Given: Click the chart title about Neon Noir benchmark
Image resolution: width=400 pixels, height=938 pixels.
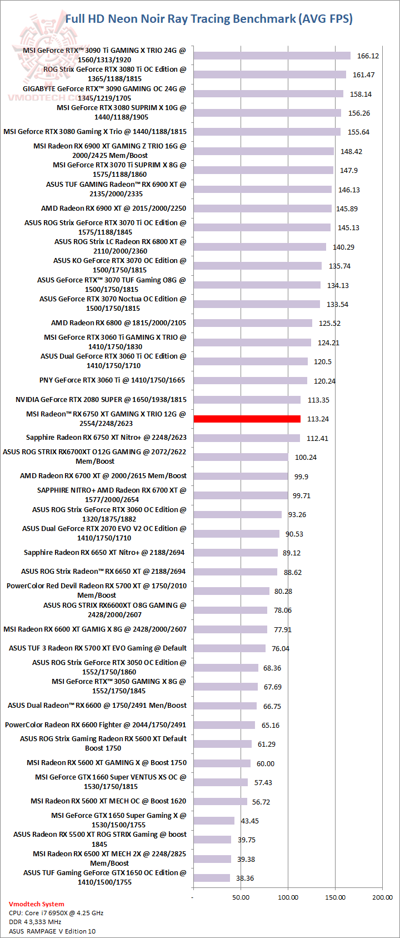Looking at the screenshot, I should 209,19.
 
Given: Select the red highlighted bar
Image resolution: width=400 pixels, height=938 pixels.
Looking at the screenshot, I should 247,419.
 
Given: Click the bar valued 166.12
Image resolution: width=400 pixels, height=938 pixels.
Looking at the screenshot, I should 272,56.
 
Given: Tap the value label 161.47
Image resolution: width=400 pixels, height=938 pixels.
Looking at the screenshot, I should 363,75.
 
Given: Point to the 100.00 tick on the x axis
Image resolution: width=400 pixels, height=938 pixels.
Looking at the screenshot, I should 288,897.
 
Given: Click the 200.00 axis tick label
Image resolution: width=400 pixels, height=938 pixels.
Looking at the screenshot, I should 382,897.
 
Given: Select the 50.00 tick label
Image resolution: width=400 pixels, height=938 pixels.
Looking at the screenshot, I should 241,897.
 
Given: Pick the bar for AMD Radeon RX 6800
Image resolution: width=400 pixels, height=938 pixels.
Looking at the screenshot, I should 253,323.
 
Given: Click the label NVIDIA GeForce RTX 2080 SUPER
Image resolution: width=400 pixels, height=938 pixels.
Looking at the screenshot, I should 101,400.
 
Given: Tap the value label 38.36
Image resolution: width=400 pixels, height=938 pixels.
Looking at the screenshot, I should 245,879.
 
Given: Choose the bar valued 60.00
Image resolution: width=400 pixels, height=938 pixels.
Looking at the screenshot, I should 222,763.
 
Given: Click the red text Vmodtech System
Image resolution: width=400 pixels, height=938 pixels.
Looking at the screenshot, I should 37,904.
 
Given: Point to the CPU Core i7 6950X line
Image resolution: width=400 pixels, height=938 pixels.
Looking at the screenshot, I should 56,913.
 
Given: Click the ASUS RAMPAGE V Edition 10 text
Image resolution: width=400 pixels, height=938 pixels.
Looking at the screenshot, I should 52,931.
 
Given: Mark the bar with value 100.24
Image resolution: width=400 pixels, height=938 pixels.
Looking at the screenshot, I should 241,457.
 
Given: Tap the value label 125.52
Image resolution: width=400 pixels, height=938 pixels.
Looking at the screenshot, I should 329,324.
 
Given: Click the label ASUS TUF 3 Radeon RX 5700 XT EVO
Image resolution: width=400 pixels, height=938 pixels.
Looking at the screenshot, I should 98,648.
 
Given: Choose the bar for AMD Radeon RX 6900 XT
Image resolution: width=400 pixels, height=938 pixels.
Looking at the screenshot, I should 262,209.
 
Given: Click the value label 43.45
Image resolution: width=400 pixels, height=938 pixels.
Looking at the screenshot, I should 249,821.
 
